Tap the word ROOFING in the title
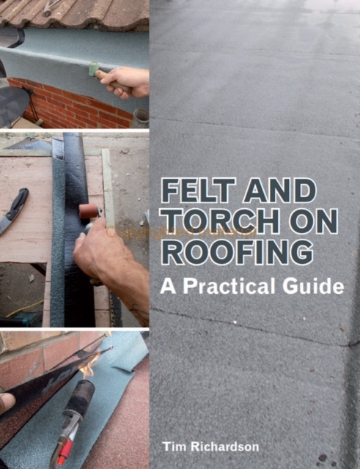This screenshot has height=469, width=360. click(x=238, y=253)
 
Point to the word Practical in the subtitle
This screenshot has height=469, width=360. click(x=229, y=286)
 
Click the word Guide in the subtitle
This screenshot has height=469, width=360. click(x=313, y=286)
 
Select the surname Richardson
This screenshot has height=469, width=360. click(x=225, y=447)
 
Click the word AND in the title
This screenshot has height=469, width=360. click(x=280, y=191)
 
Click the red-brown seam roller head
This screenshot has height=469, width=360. click(x=89, y=211)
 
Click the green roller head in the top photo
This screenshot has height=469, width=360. click(x=94, y=69)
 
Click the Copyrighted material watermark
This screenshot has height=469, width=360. click(x=181, y=232)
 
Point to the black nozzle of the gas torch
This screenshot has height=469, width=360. click(x=80, y=394)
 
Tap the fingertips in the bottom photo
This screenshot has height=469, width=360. click(x=7, y=402)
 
